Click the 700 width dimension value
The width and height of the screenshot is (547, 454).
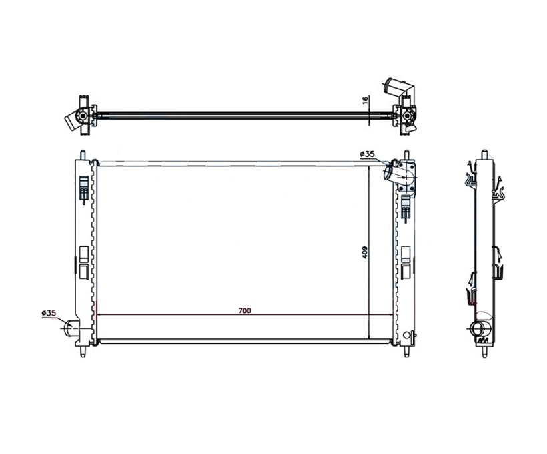245,310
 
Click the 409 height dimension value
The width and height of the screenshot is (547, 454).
364,252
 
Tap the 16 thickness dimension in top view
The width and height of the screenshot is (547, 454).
365,100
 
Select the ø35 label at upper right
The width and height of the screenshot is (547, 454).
368,154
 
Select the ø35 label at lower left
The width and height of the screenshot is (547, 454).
49,313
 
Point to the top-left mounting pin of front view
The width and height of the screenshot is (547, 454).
83,155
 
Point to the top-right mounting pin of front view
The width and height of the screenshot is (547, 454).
406,155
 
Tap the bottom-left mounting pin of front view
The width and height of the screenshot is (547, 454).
83,351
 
